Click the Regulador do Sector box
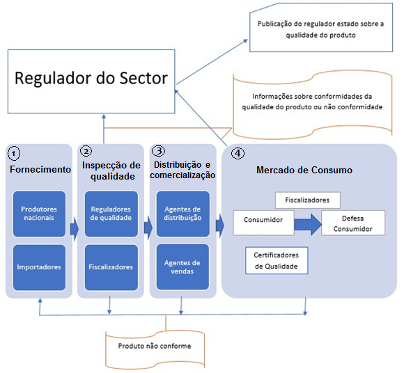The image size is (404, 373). pos(91,81)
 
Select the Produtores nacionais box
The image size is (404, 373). pos(39,214)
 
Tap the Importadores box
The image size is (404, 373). pos(39,267)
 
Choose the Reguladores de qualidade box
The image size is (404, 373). pos(111,214)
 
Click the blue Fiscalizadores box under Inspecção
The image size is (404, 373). pos(111,267)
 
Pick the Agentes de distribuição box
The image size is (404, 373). pos(183,214)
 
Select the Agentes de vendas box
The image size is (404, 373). pos(182,267)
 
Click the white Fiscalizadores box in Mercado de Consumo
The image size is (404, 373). pos(308,200)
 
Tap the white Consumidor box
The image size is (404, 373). pos(263,223)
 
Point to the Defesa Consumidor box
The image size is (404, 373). pos(353,223)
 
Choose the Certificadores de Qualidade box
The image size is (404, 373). pos(277,260)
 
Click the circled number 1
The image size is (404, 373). pos(14,154)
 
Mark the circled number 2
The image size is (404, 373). pos(86,151)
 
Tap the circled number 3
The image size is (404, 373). pos(158,151)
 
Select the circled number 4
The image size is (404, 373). pos(238,153)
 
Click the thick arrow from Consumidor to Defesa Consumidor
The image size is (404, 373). pos(308,225)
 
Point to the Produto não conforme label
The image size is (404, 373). pos(155,346)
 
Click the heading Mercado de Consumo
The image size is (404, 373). pos(304,170)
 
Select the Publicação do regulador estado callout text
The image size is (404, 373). pos(321,29)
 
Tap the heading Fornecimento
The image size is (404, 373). pos(40,169)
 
